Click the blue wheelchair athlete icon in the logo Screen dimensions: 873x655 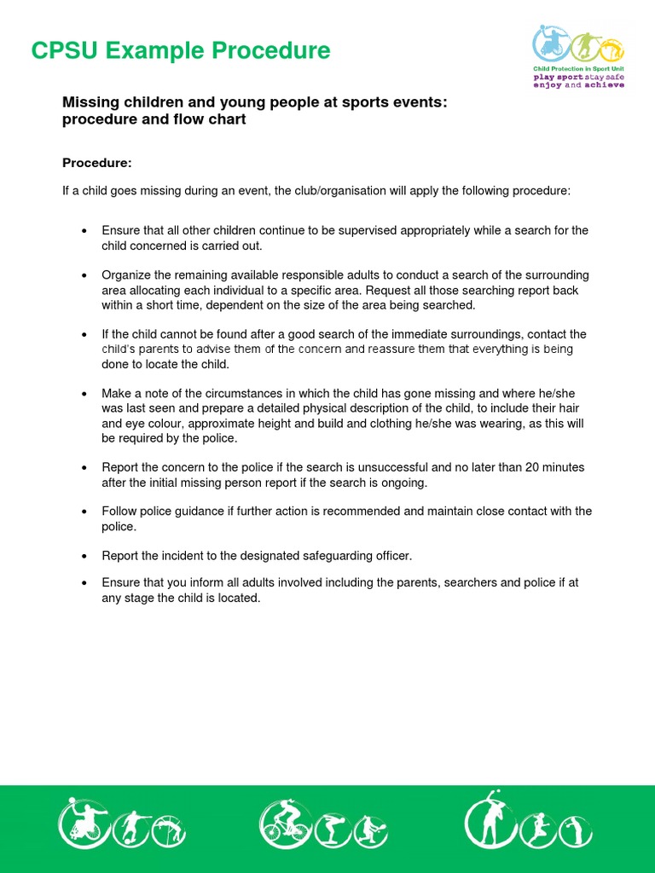[551, 43]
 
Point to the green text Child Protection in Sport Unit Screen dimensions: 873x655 [577, 68]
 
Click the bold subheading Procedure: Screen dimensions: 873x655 [97, 163]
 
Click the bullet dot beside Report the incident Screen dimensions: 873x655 [84, 556]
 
